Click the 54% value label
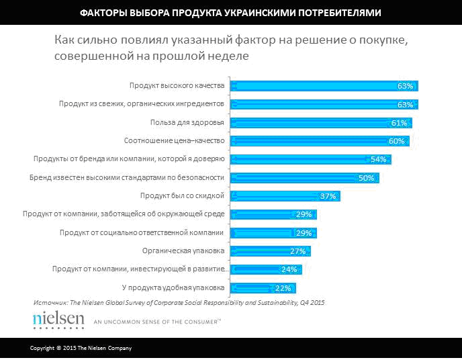pyautogui.click(x=378, y=160)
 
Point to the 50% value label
pyautogui.click(x=366, y=178)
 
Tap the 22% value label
pyautogui.click(x=282, y=288)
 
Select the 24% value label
pyautogui.click(x=289, y=269)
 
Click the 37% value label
pyautogui.click(x=328, y=196)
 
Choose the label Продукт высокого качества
pyautogui.click(x=177, y=86)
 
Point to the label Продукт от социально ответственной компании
pyautogui.click(x=141, y=233)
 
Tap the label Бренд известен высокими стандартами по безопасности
pyautogui.click(x=127, y=178)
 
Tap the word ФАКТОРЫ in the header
pyautogui.click(x=103, y=13)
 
